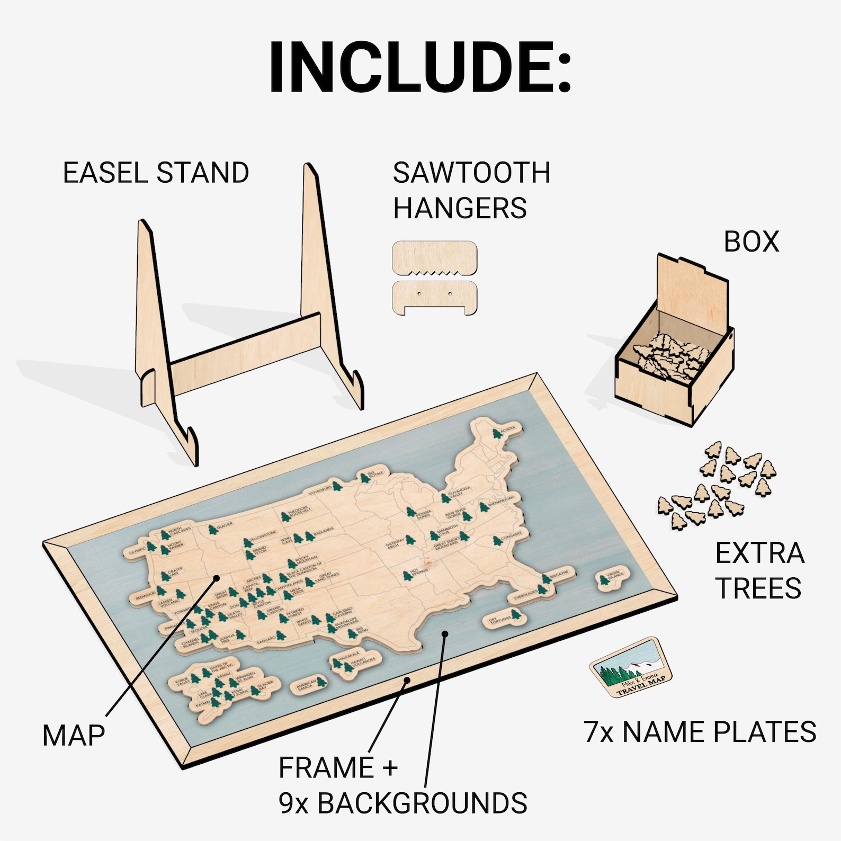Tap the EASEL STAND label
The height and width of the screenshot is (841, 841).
(x=156, y=173)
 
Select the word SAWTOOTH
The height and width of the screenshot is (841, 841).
(x=471, y=173)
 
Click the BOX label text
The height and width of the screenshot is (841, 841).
(x=751, y=241)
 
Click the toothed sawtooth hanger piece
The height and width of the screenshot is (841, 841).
(x=434, y=258)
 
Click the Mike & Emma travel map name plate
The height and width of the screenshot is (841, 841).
(x=631, y=668)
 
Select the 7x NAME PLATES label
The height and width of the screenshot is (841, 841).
(x=700, y=732)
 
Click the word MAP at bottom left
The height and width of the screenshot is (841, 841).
(x=74, y=736)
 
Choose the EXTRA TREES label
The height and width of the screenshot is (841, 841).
(x=759, y=571)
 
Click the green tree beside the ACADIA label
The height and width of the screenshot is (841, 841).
(x=497, y=434)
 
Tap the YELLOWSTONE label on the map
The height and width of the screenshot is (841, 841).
(x=263, y=535)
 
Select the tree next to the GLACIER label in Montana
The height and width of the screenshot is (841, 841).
(x=212, y=529)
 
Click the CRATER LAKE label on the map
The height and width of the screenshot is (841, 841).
(x=174, y=573)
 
